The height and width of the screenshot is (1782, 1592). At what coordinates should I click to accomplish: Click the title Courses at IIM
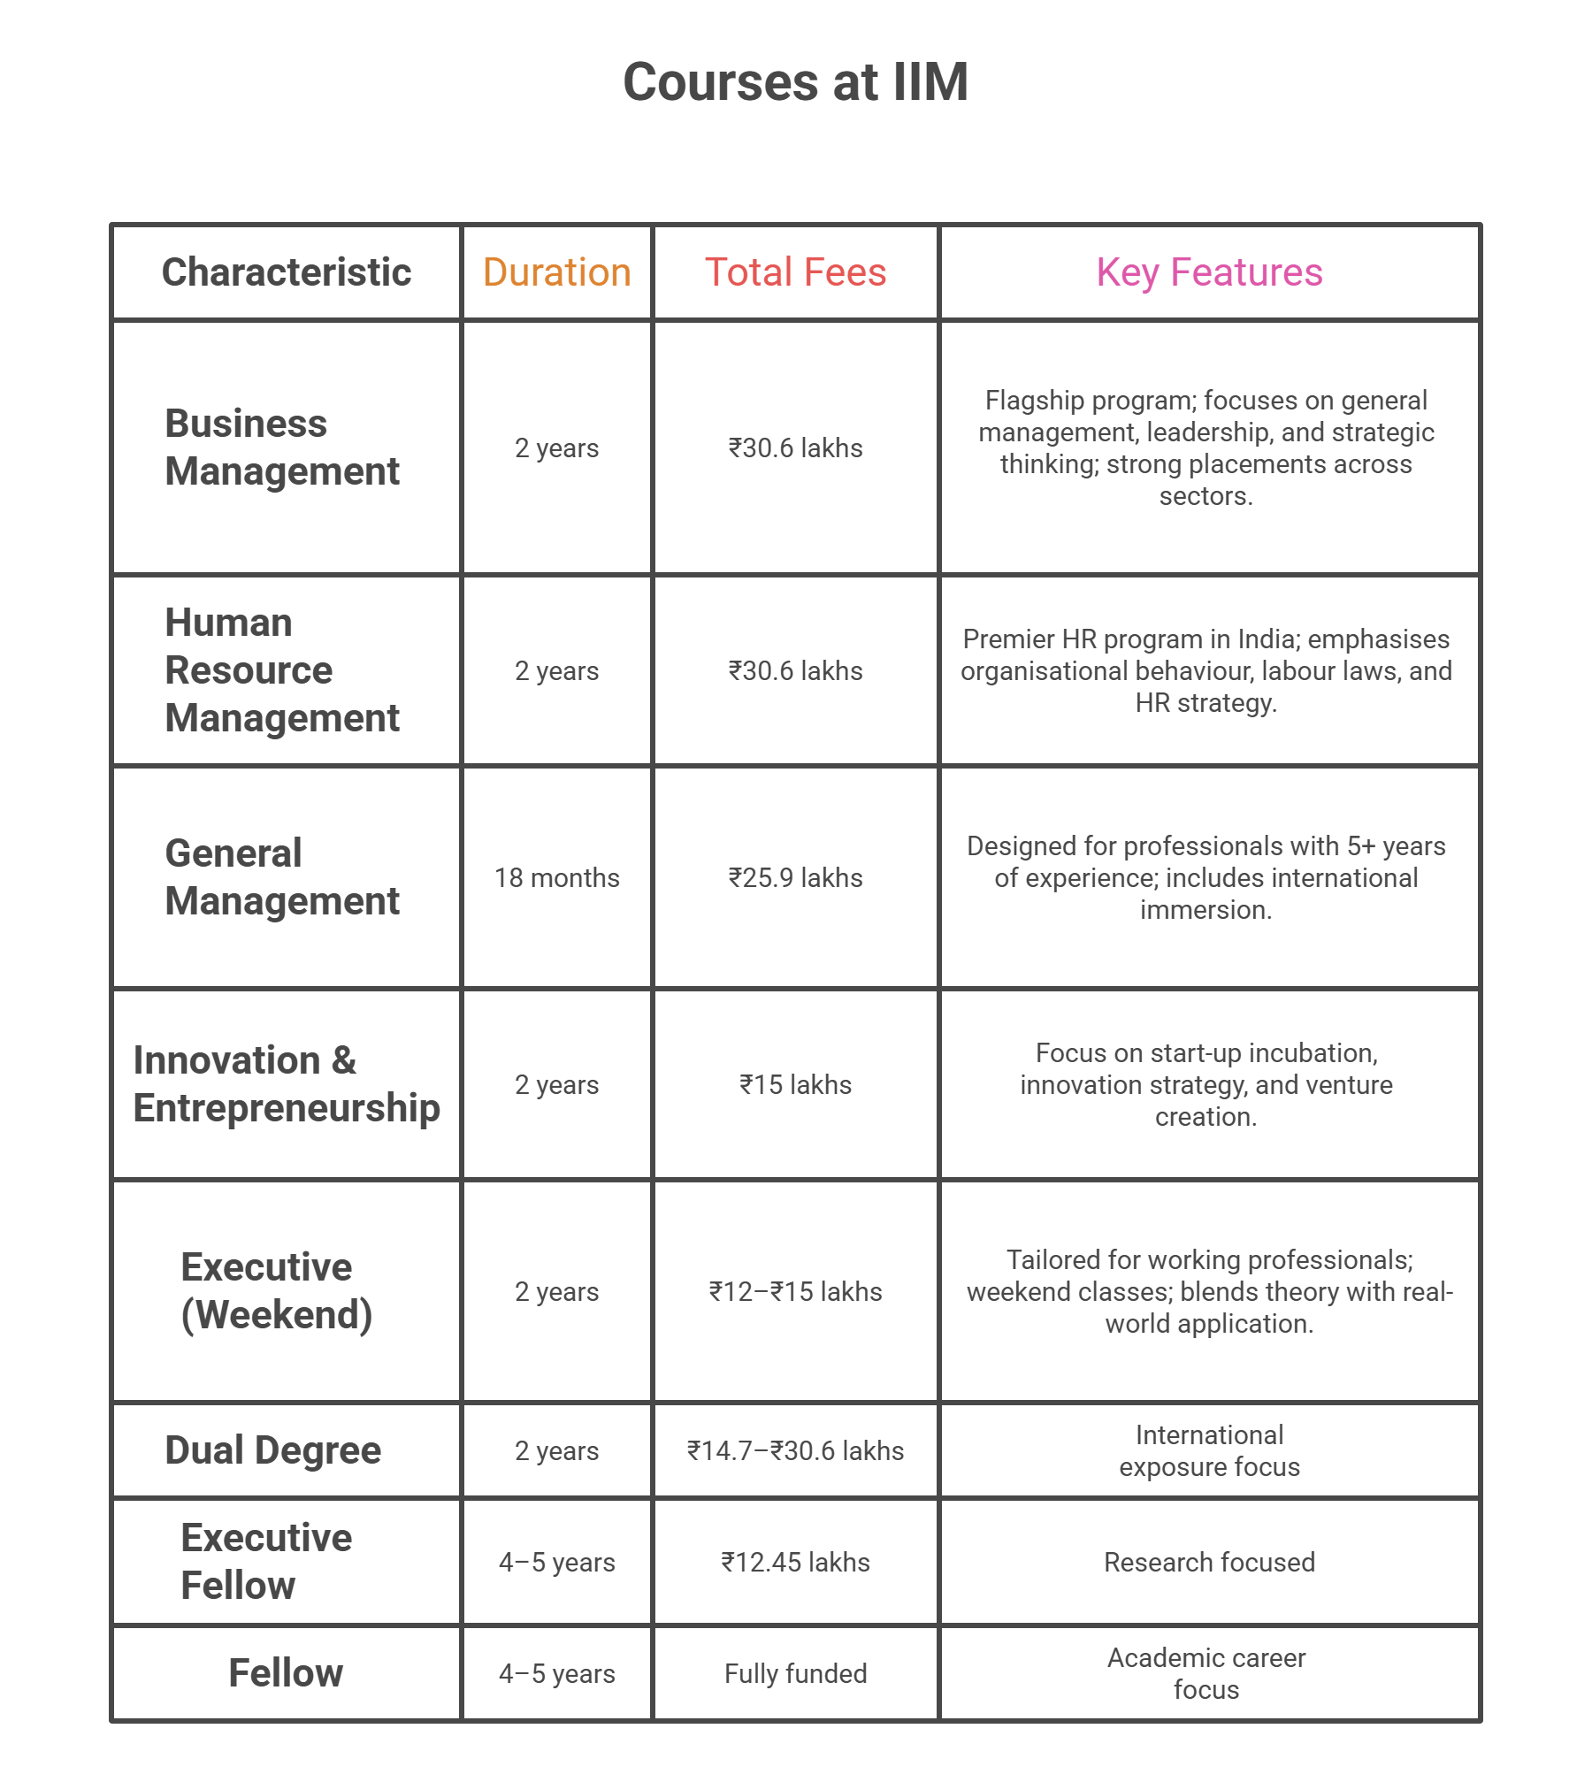(x=795, y=82)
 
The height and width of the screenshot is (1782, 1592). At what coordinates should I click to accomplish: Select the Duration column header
(x=556, y=272)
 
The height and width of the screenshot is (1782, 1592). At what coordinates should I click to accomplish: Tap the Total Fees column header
(x=795, y=272)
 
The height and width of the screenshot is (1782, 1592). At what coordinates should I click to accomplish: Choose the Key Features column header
(x=1209, y=272)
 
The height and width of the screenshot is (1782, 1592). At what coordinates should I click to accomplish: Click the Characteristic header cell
(x=286, y=272)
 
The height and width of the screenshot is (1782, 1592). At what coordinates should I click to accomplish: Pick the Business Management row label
(x=282, y=447)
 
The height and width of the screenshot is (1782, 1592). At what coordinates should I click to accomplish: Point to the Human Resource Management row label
(x=282, y=670)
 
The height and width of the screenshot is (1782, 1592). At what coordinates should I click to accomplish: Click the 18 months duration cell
(x=556, y=877)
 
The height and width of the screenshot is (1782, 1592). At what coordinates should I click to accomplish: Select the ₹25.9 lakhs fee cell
(x=795, y=877)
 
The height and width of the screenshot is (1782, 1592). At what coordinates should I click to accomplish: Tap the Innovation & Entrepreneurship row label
(x=286, y=1084)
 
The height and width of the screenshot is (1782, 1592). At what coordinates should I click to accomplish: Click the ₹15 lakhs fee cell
(x=795, y=1084)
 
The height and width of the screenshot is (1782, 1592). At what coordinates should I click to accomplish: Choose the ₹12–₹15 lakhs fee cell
(x=795, y=1291)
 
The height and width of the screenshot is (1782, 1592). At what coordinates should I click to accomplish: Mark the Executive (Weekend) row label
(x=276, y=1291)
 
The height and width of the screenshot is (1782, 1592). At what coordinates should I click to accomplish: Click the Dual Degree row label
(x=272, y=1450)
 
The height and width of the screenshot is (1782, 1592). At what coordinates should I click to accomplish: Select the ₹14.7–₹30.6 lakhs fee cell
(x=795, y=1450)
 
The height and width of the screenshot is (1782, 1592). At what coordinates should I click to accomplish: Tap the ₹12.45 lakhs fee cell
(x=795, y=1562)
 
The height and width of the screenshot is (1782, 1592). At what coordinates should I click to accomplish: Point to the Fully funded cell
(x=795, y=1673)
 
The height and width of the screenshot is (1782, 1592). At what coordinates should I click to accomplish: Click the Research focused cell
(x=1209, y=1562)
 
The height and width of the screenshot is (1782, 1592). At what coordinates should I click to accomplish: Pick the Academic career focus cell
(x=1206, y=1673)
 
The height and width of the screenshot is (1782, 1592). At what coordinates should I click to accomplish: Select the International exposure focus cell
(x=1209, y=1450)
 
